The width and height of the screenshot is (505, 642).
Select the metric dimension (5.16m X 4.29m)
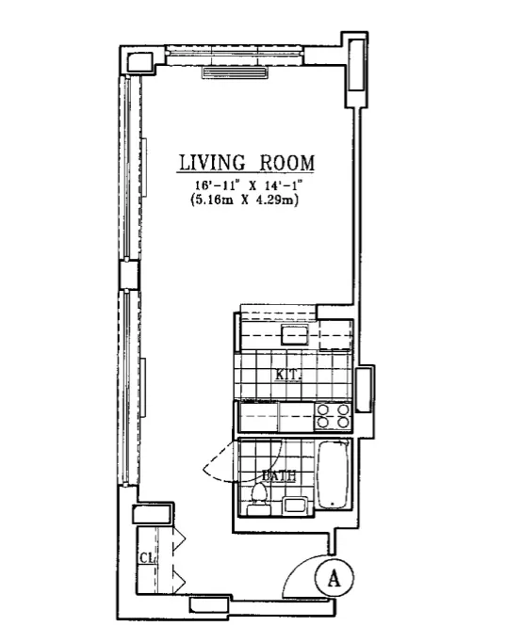(x=248, y=200)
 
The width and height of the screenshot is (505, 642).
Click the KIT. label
(x=287, y=375)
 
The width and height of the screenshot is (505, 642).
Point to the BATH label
(x=280, y=476)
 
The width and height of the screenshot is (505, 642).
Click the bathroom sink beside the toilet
(x=293, y=506)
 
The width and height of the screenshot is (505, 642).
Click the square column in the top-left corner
(x=138, y=61)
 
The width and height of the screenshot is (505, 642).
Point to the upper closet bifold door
(x=178, y=540)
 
